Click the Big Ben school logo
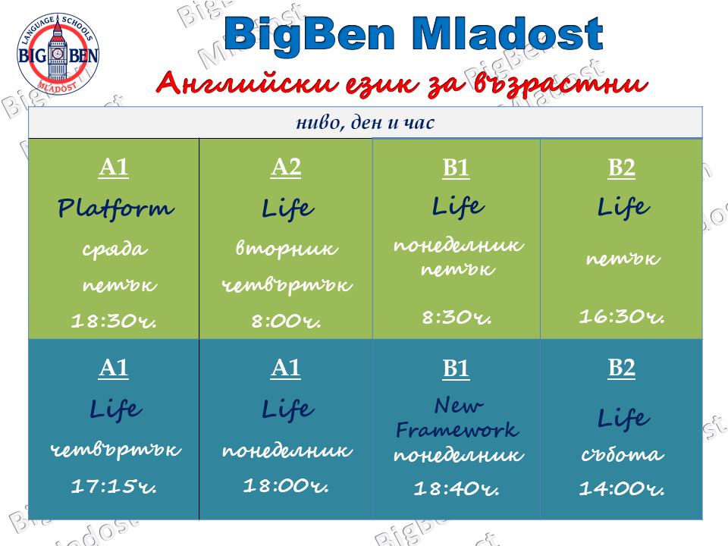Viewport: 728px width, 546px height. click(x=58, y=54)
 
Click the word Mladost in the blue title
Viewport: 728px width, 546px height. click(x=507, y=34)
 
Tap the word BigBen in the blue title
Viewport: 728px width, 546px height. click(x=309, y=36)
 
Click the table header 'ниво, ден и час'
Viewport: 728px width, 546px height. click(x=365, y=123)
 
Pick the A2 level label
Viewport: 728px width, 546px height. click(x=286, y=167)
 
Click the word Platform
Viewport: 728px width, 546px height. click(x=115, y=208)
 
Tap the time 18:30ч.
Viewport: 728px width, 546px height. click(x=114, y=320)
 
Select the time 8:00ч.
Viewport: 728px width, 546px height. click(x=286, y=320)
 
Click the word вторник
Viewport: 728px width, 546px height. click(x=287, y=249)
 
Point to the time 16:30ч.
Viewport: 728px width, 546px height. click(x=622, y=316)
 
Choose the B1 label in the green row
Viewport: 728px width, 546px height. click(x=456, y=168)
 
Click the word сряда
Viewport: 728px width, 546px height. click(x=115, y=249)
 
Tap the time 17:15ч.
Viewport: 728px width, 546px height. click(x=114, y=486)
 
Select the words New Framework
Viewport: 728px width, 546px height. click(x=457, y=418)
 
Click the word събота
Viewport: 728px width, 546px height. click(x=622, y=454)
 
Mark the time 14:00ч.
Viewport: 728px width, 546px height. click(x=622, y=488)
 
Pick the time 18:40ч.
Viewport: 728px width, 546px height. click(x=457, y=488)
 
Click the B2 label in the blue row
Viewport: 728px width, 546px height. click(x=621, y=368)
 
